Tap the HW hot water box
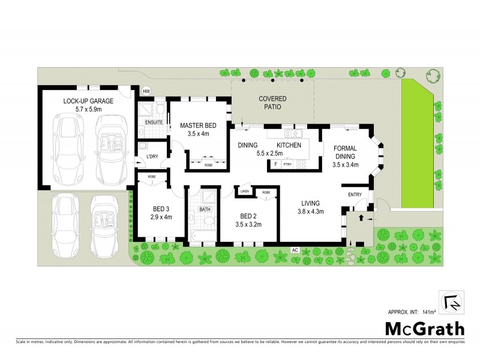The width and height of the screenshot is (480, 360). [146, 91]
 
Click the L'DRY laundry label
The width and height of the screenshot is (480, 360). [152, 157]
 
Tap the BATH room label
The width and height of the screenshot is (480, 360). [204, 209]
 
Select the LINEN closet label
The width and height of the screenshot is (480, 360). [245, 191]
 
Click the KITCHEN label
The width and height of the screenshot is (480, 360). [288, 145]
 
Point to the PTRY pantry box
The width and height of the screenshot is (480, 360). [287, 164]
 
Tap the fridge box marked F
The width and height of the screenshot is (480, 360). [275, 164]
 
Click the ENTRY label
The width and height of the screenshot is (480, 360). [355, 194]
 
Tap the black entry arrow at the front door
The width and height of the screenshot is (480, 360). [361, 218]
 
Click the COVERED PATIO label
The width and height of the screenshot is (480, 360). [272, 102]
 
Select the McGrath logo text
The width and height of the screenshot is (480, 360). [424, 329]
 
